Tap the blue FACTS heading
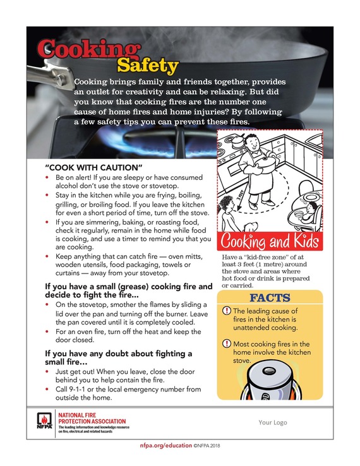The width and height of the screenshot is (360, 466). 270,297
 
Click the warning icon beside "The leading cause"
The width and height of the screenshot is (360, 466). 227,311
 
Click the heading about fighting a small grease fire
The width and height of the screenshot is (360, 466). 128,291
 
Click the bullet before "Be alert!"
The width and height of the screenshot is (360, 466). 49,179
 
